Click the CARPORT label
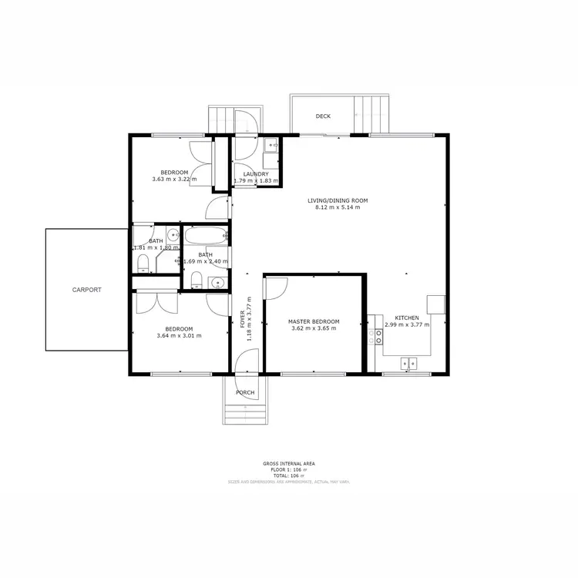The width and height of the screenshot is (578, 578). click(x=86, y=290)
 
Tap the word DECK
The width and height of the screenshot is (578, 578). click(x=323, y=116)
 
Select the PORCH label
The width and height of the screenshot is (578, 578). click(x=245, y=392)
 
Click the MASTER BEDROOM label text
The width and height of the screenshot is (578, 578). click(x=314, y=321)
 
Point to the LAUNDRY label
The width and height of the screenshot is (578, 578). click(x=255, y=174)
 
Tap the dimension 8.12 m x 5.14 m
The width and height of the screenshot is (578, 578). click(x=338, y=208)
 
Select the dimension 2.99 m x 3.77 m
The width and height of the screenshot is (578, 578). click(x=407, y=324)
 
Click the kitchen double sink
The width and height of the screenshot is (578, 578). click(x=408, y=363)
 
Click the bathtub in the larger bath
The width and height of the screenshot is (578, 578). click(x=204, y=236)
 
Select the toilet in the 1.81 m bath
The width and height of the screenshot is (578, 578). click(x=142, y=264)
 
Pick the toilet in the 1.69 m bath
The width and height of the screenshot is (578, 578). click(x=196, y=279)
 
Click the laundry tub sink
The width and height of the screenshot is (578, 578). click(x=271, y=144)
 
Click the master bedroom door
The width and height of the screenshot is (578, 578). click(x=275, y=287)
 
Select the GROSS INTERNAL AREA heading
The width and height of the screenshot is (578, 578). click(x=288, y=463)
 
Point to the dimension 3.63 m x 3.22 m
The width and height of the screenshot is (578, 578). click(x=174, y=180)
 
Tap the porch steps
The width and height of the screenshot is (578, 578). click(x=246, y=412)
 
